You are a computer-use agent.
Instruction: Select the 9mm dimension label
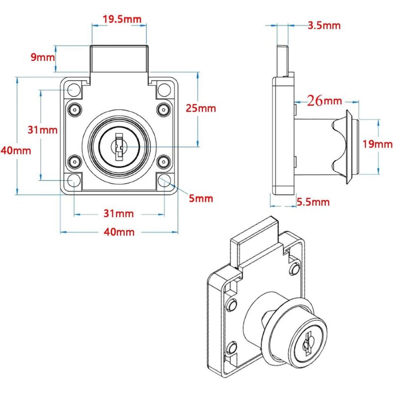pos(42,57)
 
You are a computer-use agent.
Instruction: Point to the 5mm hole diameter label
pos(201,198)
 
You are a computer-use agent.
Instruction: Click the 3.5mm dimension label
pos(324,26)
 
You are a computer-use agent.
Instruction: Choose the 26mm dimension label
pos(324,101)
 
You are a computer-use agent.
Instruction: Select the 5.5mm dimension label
pos(313,202)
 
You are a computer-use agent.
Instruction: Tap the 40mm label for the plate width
pos(119,232)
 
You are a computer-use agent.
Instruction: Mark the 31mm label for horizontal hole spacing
pos(119,214)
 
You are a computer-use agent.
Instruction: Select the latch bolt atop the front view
pos(119,59)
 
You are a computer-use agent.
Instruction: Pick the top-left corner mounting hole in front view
pos(74,90)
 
